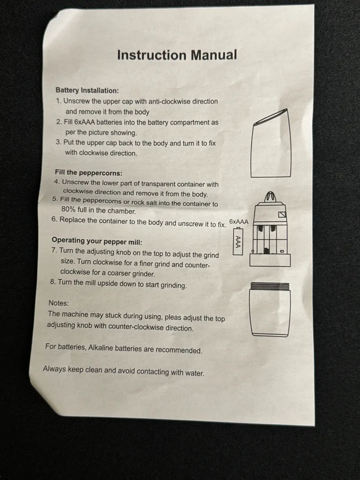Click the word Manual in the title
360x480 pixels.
[x=214, y=55]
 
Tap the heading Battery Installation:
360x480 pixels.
[x=87, y=90]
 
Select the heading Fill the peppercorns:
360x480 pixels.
[x=88, y=172]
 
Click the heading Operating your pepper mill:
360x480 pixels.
[x=97, y=241]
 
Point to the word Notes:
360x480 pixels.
[x=59, y=303]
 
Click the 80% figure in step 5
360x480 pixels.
[x=68, y=209]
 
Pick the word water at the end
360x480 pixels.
[x=194, y=373]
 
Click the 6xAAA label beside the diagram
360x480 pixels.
[x=239, y=221]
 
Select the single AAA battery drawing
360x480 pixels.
[x=238, y=241]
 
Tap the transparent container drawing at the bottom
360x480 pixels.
[x=269, y=309]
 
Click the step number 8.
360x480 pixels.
[x=52, y=281]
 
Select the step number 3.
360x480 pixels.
[x=59, y=142]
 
